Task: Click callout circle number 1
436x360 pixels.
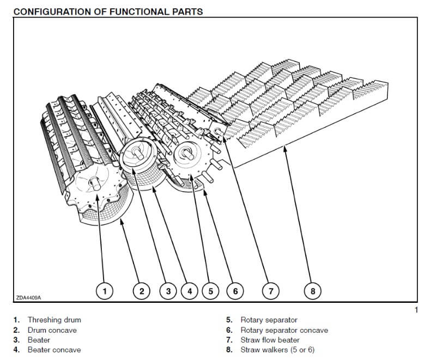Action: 105,291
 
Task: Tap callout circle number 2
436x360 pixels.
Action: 142,291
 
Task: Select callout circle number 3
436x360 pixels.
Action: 168,291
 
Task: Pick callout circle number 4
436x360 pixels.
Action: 189,291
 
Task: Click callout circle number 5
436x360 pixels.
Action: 210,291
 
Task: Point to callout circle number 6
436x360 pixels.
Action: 235,291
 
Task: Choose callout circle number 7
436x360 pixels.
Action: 271,291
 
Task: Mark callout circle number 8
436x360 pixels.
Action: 313,291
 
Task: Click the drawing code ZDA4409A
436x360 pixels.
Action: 28,298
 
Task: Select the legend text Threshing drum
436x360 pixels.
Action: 54,320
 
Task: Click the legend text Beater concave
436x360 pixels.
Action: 54,350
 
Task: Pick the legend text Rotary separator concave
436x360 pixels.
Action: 284,330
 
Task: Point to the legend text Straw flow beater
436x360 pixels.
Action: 270,340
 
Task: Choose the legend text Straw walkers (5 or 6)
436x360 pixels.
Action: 277,350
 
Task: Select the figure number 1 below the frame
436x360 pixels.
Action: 415,310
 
